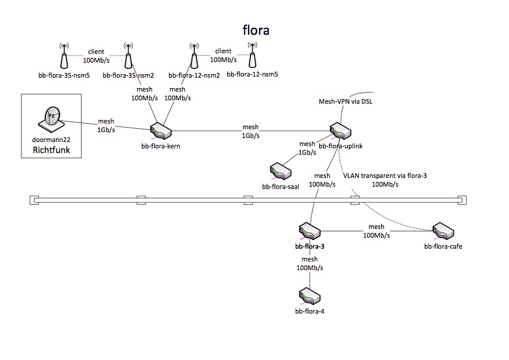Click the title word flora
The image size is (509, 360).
coord(255,30)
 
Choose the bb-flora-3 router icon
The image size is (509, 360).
coord(309,231)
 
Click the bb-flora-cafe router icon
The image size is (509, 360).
coord(443,231)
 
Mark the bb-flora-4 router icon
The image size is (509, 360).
coord(309,296)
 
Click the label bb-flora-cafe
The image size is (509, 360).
coord(443,246)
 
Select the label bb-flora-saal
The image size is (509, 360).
coord(281,187)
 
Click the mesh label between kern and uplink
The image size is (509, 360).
coord(250,127)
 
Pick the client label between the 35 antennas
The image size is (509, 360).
coord(96,52)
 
